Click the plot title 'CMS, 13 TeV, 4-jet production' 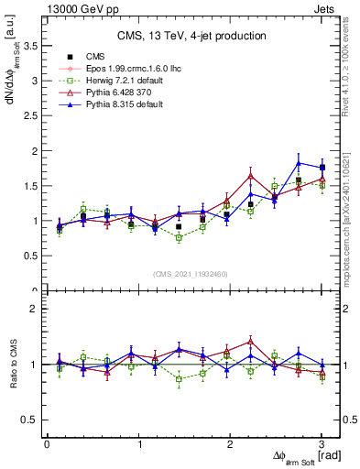coord(191,36)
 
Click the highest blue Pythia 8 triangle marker coord(299,163)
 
